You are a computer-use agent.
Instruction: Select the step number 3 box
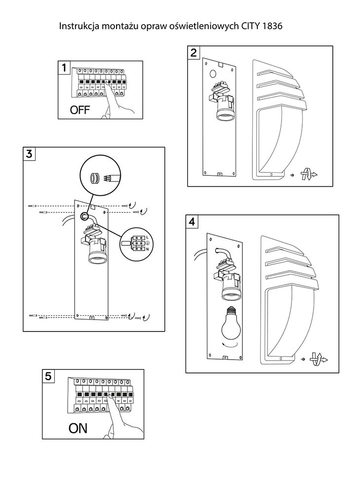tap(30, 153)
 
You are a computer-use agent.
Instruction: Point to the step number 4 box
tap(192, 221)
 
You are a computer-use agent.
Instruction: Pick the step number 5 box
tap(48, 376)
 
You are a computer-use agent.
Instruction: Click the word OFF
tap(80, 110)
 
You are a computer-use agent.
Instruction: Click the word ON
tap(78, 428)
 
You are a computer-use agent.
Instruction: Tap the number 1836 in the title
tap(273, 25)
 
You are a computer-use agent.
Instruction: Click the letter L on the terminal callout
tap(147, 238)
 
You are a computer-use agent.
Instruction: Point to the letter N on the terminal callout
tap(147, 249)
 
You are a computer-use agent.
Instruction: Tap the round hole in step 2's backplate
tap(213, 75)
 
